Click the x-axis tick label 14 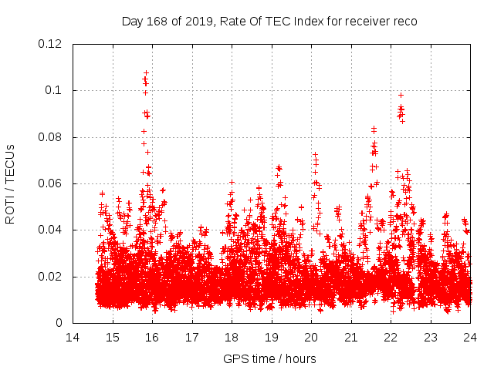(73, 338)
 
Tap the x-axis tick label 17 (192, 338)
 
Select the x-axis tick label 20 (311, 338)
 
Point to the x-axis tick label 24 (470, 338)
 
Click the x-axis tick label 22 (391, 338)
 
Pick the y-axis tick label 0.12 (52, 44)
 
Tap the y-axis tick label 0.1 (56, 90)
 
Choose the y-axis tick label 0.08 (52, 137)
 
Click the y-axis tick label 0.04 (52, 230)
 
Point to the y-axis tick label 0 (62, 323)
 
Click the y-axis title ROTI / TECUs (11, 183)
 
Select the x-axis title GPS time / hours (269, 358)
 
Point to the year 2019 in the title (198, 21)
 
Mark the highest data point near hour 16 (145, 72)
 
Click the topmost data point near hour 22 (401, 95)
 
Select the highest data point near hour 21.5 (374, 128)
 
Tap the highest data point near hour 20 (315, 154)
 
